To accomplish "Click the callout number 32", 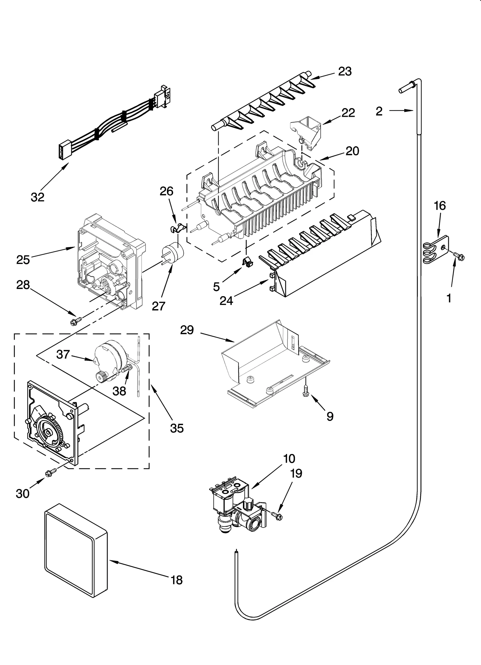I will click(38, 197).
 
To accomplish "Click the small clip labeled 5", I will click(248, 262).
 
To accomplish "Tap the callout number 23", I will click(345, 72).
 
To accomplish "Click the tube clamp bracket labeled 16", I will click(436, 250).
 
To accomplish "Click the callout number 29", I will click(187, 331).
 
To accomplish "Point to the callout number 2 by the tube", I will click(379, 111).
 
